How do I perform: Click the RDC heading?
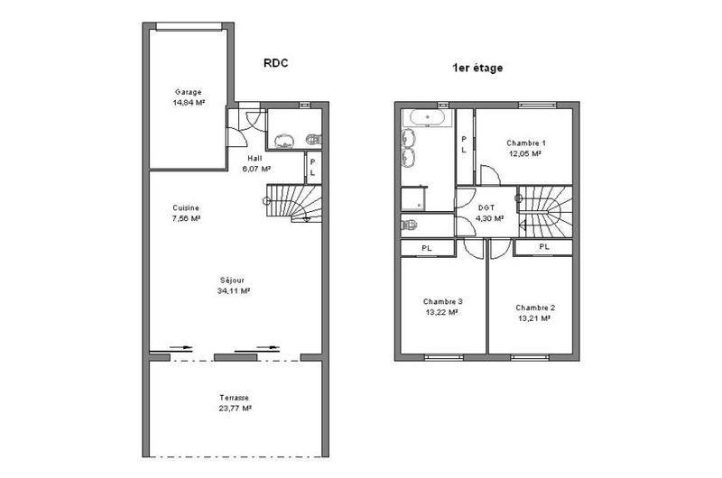[x=276, y=64]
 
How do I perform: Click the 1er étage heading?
[x=477, y=68]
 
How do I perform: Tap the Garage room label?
[x=188, y=92]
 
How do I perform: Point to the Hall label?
[x=255, y=158]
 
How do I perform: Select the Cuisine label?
[x=185, y=207]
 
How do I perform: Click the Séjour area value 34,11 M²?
[x=234, y=291]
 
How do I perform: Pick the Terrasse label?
[x=234, y=398]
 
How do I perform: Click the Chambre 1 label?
[x=525, y=142]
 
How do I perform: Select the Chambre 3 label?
[x=442, y=301]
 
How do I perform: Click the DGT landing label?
[x=487, y=207]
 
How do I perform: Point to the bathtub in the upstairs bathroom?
[x=427, y=117]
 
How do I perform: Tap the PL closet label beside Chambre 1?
[x=464, y=144]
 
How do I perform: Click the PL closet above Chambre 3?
[x=426, y=246]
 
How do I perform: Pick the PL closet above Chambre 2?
[x=544, y=246]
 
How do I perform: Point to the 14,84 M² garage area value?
[x=188, y=103]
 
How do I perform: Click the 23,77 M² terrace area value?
[x=234, y=409]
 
